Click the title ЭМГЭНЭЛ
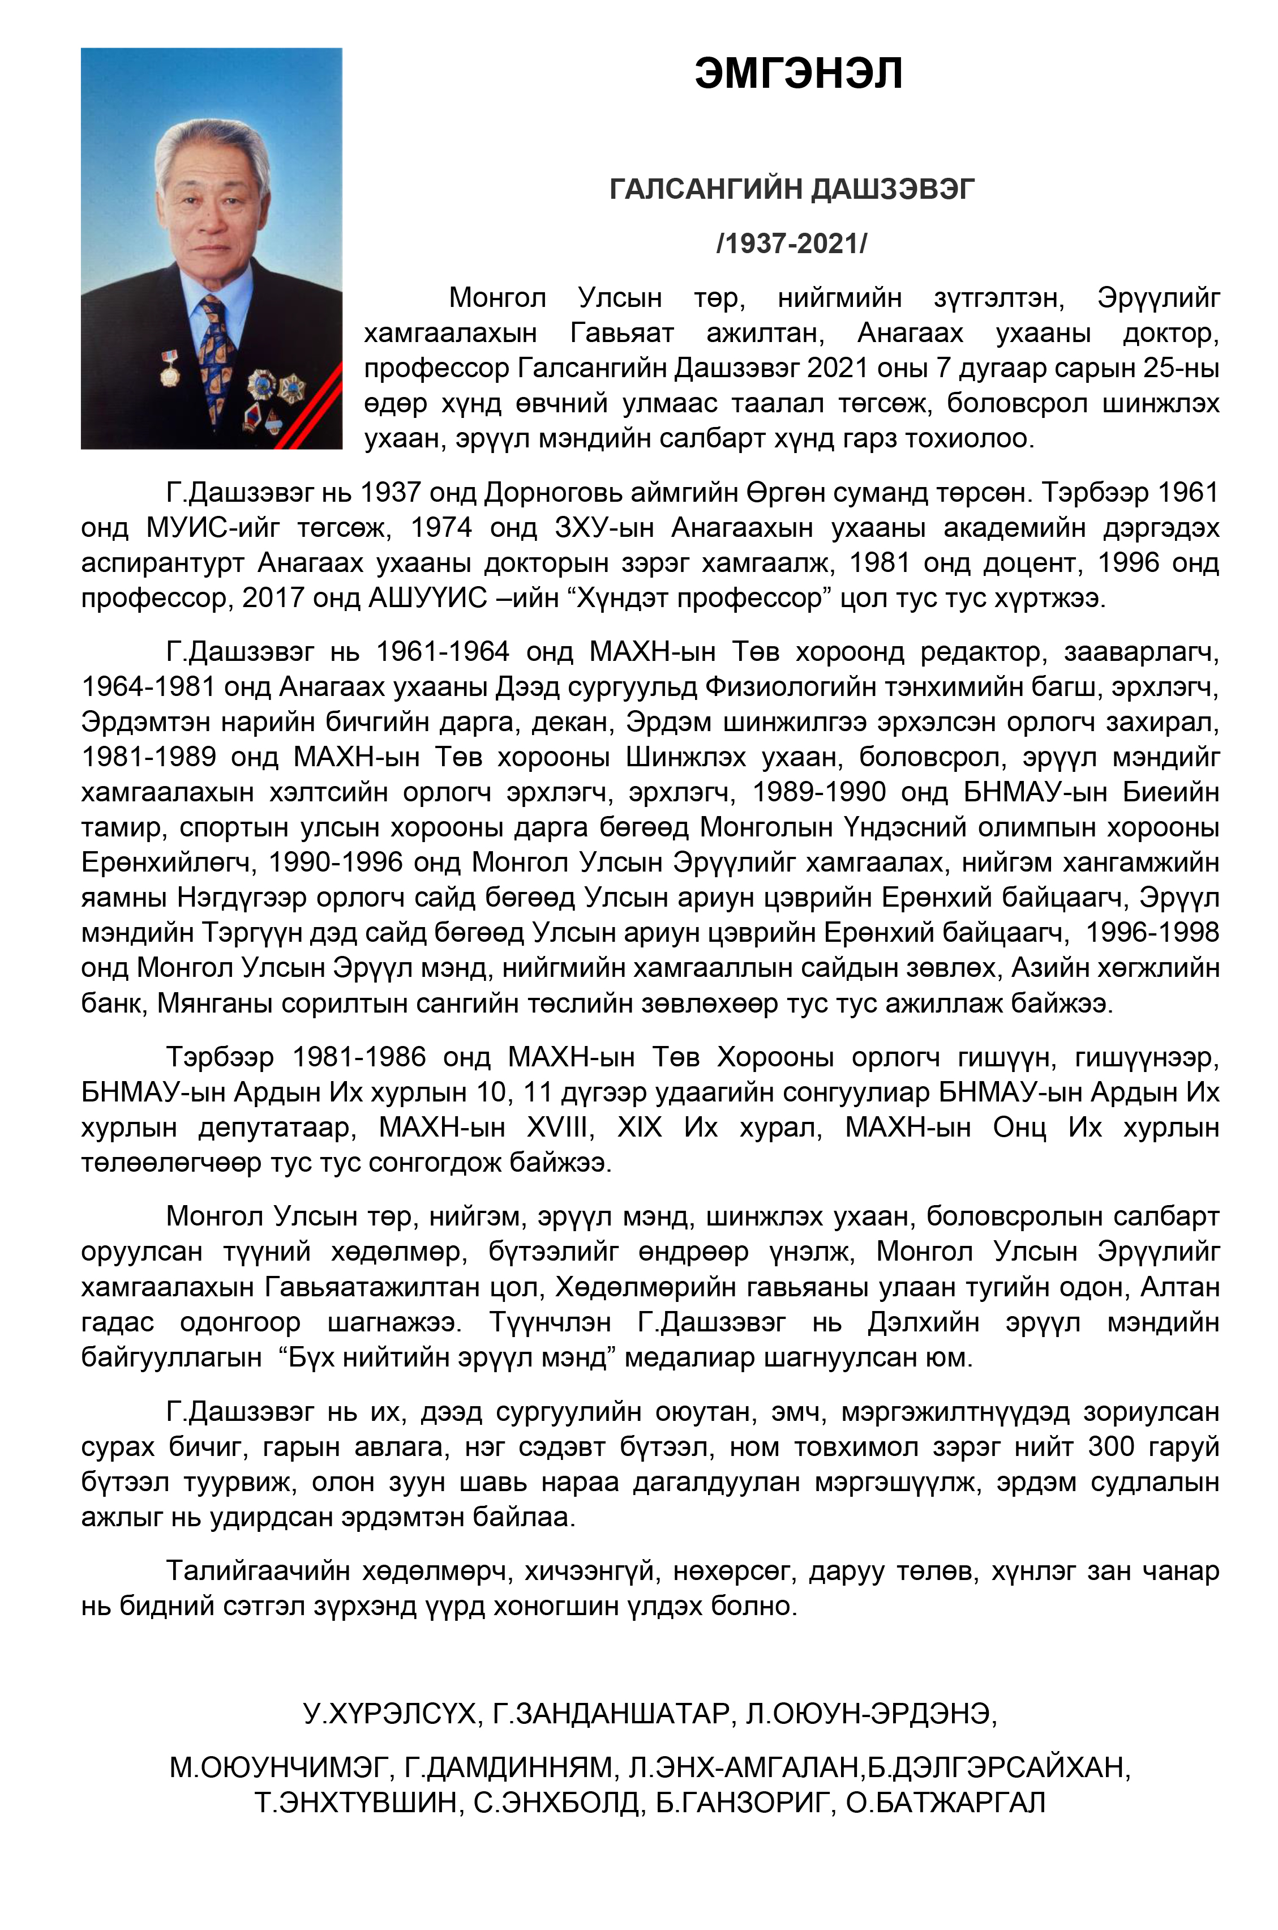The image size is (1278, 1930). pyautogui.click(x=798, y=74)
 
